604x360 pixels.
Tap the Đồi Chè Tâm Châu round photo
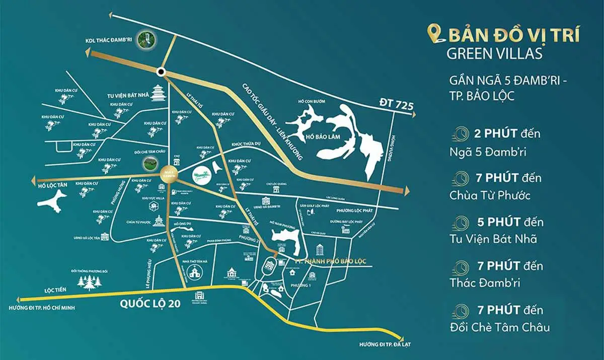(148, 163)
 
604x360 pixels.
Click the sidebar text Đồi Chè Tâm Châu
(500, 327)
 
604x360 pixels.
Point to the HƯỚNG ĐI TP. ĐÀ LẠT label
(382, 345)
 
